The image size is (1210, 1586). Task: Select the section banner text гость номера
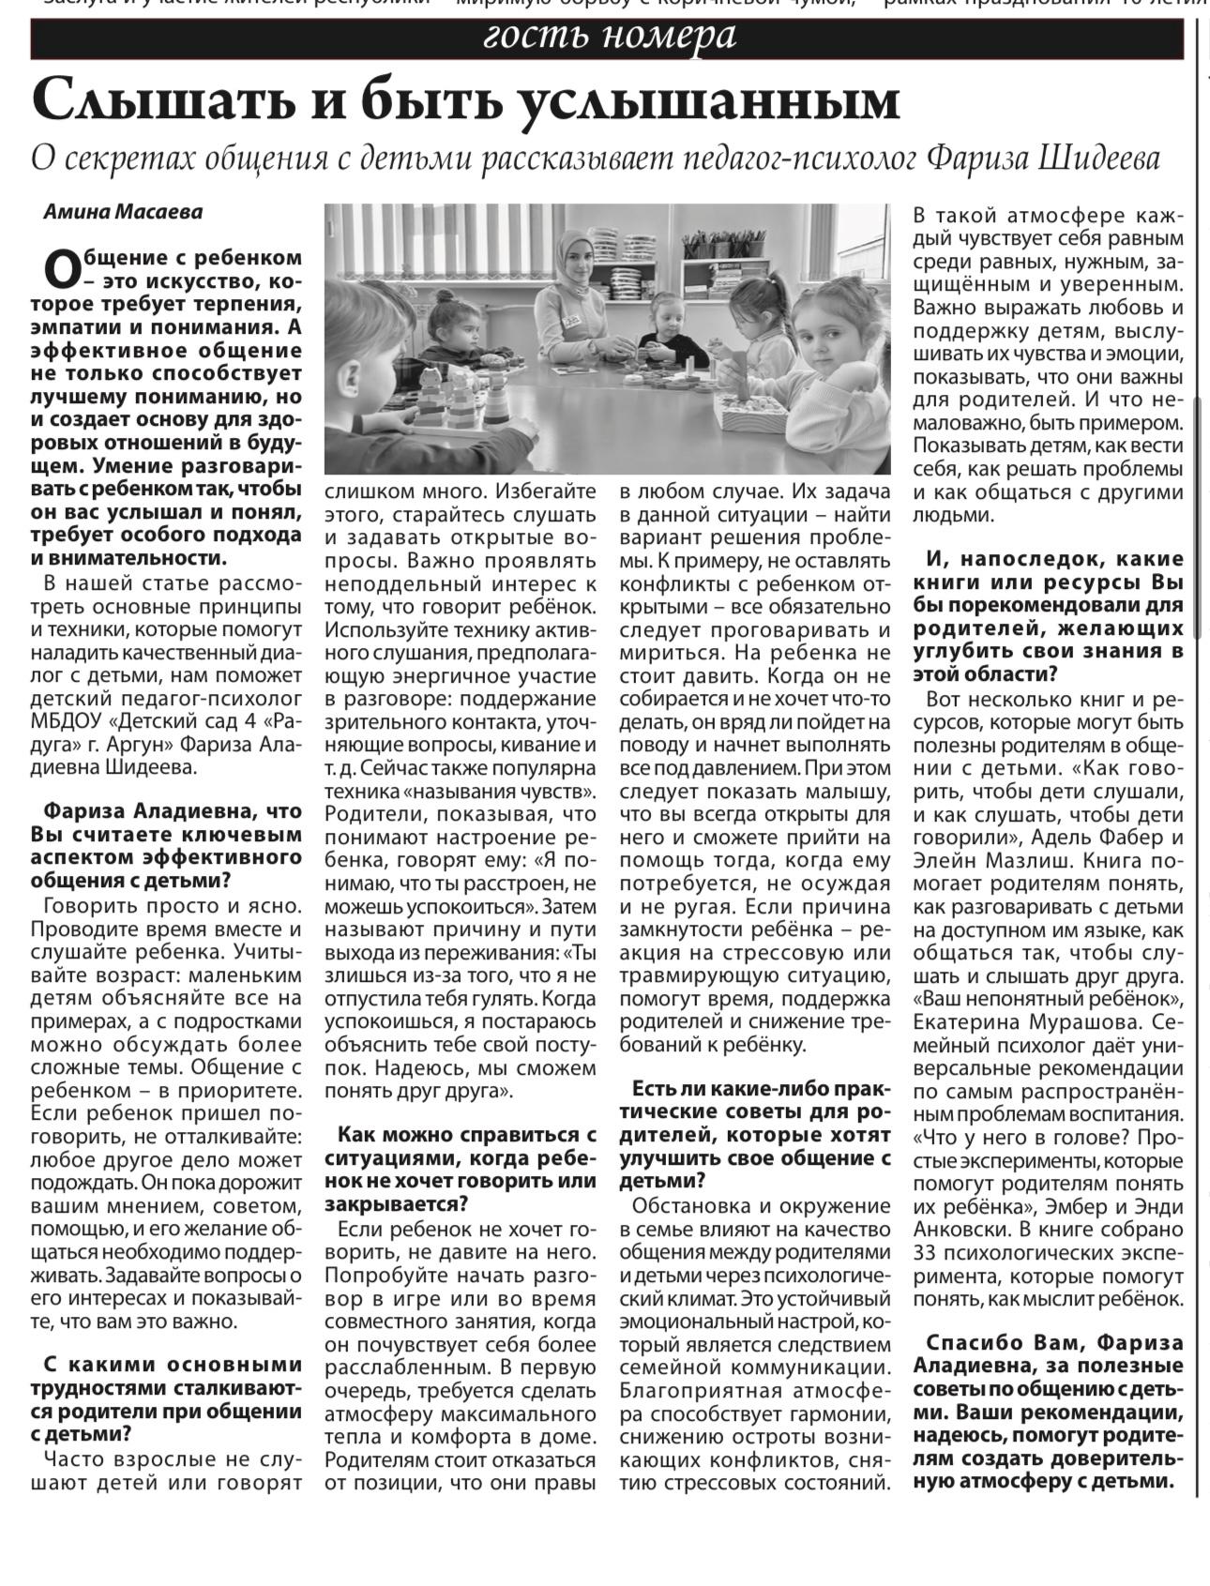[608, 37]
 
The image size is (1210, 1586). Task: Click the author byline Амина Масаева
[123, 211]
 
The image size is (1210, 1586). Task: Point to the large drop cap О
[62, 269]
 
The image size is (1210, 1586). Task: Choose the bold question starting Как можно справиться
[461, 1169]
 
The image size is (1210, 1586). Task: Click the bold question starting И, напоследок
[1048, 616]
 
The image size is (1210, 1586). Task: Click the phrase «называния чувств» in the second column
[505, 791]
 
